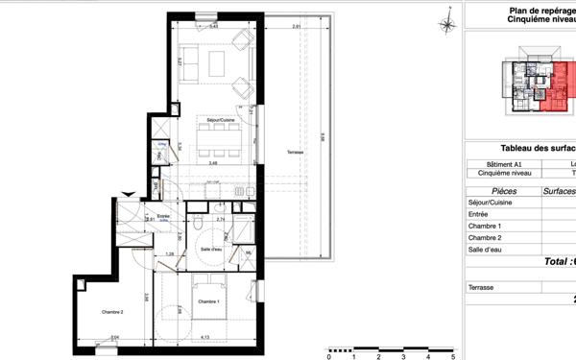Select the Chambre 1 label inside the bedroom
point(209,301)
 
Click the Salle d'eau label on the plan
point(212,249)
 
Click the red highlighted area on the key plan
point(555,91)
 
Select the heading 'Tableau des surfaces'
point(538,148)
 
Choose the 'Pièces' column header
point(496,191)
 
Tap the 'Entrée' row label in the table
point(479,214)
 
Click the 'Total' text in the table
point(556,261)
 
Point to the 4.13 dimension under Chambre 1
point(204,337)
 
